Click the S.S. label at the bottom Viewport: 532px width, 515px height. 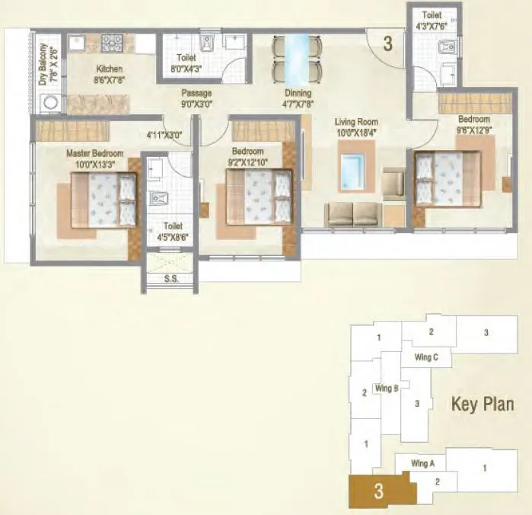172,279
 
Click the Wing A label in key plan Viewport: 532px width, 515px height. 422,463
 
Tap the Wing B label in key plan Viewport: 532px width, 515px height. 387,388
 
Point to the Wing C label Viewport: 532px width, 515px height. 425,357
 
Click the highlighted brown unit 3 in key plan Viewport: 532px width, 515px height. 377,492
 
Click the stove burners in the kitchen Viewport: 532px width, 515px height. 113,43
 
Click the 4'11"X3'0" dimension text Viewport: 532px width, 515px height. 165,136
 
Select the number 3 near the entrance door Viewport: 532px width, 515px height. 387,43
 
